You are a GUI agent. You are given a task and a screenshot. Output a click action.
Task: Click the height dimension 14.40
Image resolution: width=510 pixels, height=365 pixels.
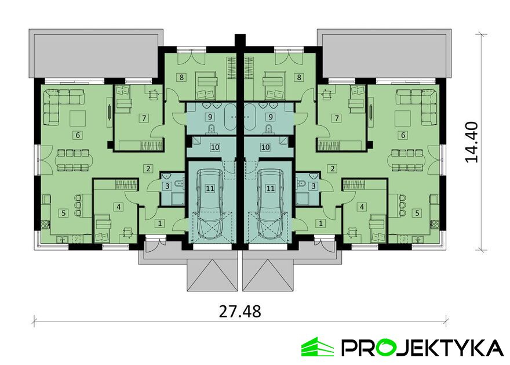pos(471,142)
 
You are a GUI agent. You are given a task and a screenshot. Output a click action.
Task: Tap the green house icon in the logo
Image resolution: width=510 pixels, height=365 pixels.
pos(318,347)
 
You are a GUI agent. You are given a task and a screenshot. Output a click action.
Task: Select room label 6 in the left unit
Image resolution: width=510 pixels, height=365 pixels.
pos(78,135)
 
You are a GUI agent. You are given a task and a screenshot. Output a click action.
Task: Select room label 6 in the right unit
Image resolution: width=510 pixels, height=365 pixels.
pos(403,135)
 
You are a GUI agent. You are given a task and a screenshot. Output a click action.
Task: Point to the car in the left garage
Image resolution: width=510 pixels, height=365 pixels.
pos(210,204)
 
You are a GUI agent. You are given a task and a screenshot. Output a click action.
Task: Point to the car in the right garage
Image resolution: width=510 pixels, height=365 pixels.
pos(271,204)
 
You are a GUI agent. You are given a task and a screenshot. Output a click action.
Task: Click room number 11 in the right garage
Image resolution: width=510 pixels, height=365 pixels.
pos(270,188)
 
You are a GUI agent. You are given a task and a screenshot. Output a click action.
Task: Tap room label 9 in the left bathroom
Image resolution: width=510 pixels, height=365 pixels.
pos(210,117)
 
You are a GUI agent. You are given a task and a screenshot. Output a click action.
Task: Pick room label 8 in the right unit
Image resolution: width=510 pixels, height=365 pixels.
pos(299,78)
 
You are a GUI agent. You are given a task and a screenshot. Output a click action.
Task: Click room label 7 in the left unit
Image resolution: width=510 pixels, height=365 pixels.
pos(144,118)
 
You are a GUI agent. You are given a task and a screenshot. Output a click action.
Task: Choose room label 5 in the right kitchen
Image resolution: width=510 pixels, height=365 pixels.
pos(417,213)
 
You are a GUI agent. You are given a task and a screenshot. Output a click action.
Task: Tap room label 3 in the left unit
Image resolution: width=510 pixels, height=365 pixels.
pos(167,186)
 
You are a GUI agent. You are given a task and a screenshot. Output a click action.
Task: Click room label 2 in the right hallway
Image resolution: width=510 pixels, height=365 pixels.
pos(333,168)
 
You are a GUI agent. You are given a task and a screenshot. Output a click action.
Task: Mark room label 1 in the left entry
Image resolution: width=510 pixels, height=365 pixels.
pos(160,223)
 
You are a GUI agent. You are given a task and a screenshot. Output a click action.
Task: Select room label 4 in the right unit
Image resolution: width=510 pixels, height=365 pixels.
pos(362,207)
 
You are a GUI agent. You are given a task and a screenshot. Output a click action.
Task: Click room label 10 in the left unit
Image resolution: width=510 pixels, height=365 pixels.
pos(215,147)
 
